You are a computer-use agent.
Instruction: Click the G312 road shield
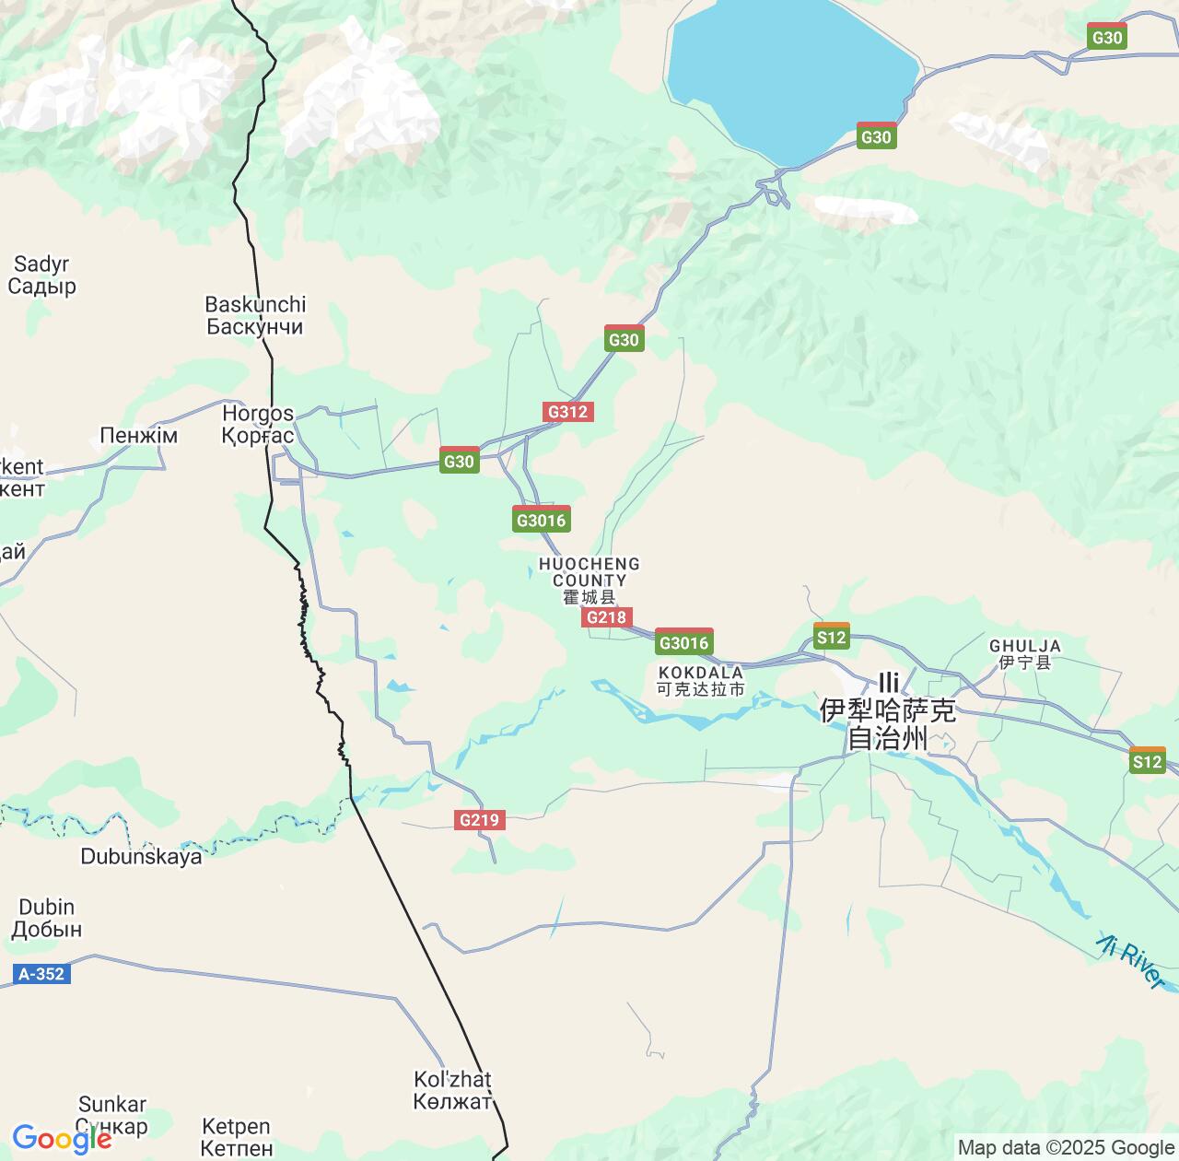[567, 412]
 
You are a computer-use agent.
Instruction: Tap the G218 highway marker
[606, 617]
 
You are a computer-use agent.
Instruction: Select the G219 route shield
[479, 820]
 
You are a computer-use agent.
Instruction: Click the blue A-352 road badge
[41, 974]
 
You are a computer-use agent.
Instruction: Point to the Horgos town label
[258, 425]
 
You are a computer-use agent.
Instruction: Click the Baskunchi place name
[255, 315]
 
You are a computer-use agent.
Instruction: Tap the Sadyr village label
[41, 276]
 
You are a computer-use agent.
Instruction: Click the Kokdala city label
[701, 681]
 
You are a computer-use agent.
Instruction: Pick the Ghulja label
[1024, 653]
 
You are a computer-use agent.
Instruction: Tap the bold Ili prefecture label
[888, 710]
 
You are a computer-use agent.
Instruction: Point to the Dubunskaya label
[141, 857]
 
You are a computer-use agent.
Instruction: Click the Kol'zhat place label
[452, 1089]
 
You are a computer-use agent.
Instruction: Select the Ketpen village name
[236, 1137]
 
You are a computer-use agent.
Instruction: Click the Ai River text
[1130, 961]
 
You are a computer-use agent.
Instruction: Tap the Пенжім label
[138, 436]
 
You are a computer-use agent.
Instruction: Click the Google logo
[61, 1139]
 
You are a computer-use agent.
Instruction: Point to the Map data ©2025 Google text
[1066, 1147]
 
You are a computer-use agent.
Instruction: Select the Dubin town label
[46, 918]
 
